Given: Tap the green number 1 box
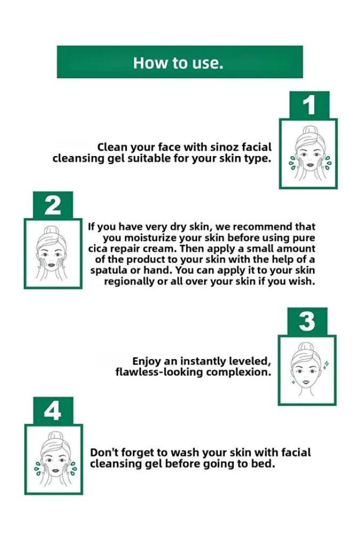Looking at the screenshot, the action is click(309, 105).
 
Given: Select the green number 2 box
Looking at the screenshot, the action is click(53, 205).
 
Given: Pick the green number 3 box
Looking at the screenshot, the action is click(307, 321).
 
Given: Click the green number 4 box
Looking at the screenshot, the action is click(53, 410).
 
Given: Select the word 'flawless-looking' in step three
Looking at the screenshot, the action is click(160, 372).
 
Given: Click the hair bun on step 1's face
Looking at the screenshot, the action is click(308, 130).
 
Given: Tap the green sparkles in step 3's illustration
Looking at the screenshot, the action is click(326, 363).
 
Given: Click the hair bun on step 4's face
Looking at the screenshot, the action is click(55, 435).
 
